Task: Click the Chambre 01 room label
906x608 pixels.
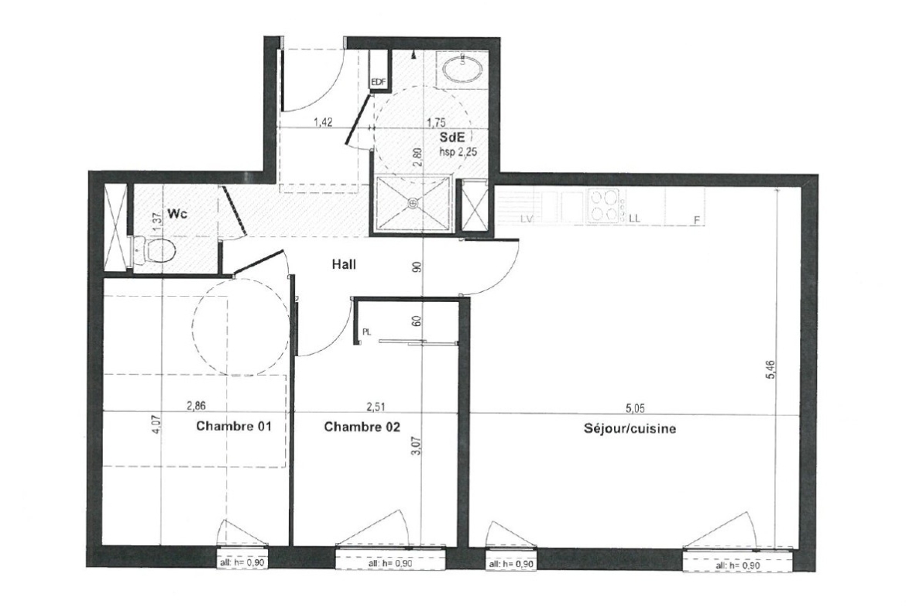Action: [233, 427]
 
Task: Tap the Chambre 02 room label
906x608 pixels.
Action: [362, 427]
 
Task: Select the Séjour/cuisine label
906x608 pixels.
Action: [630, 429]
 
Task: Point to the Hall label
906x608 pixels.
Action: [344, 265]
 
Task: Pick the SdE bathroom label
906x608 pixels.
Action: [452, 138]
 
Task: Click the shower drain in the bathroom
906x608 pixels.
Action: [412, 203]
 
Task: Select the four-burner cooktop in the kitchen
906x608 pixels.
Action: [604, 206]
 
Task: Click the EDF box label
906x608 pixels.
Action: [378, 82]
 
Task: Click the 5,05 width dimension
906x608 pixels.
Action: [634, 408]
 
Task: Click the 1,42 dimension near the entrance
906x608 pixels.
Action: [323, 122]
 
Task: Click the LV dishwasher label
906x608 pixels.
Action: [526, 218]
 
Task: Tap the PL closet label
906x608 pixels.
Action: [366, 332]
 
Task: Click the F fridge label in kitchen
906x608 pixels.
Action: [696, 220]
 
